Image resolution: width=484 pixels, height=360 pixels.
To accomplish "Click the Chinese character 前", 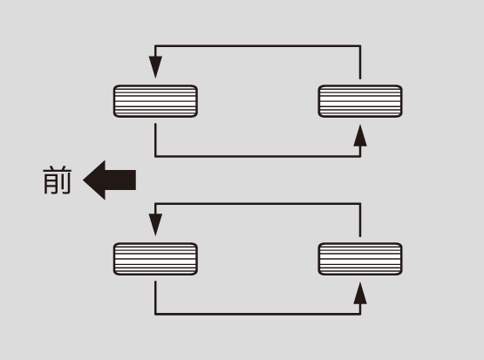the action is [x=58, y=180].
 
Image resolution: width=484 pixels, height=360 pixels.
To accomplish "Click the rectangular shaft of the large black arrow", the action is [x=120, y=180].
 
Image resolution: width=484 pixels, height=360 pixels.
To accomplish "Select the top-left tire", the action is [x=155, y=101].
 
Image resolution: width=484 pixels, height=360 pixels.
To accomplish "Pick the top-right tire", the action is [x=360, y=101].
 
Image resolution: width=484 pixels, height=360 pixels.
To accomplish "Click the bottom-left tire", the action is [x=155, y=259].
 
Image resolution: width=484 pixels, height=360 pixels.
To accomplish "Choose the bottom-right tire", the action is [x=360, y=259].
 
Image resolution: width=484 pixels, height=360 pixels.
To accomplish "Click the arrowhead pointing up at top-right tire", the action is [x=360, y=135].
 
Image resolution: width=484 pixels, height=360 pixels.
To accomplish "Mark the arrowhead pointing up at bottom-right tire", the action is [x=360, y=293].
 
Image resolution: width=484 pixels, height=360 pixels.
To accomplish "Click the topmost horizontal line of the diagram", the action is [x=258, y=46].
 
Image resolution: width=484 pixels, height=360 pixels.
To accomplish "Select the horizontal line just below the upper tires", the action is [x=258, y=156].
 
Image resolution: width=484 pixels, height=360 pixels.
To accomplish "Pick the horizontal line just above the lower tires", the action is [x=258, y=204].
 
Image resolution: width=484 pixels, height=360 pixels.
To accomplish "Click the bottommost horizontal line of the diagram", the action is [x=258, y=314].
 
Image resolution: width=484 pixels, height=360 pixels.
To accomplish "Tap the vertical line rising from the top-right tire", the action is [x=360, y=62].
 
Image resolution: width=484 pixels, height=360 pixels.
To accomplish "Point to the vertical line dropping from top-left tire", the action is [x=155, y=140].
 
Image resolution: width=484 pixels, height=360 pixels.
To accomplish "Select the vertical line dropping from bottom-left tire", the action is [x=155, y=298].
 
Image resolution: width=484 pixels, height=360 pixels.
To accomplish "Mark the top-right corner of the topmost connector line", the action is [x=360, y=46].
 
